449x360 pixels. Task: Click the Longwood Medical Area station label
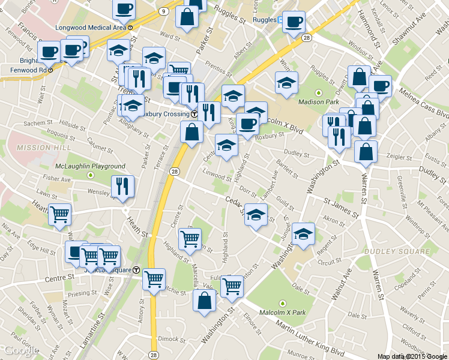(x=91, y=28)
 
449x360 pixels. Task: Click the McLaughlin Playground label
(x=90, y=166)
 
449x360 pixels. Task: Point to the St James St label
(x=340, y=206)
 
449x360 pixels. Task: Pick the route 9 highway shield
(x=164, y=11)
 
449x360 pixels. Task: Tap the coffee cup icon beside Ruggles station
(x=294, y=23)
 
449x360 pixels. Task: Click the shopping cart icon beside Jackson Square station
(x=154, y=278)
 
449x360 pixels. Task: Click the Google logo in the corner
(x=21, y=350)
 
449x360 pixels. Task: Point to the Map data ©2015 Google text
(x=412, y=356)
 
